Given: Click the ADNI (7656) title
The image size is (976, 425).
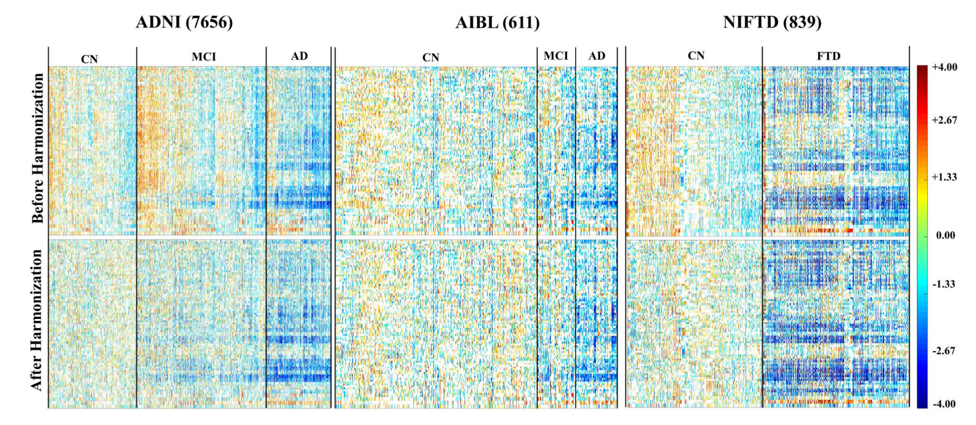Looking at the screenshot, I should (x=185, y=24).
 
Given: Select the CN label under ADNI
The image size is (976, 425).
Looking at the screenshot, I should (x=89, y=59).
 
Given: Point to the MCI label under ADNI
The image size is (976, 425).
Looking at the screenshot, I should (x=203, y=57).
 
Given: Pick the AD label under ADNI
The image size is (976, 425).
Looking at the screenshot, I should (x=300, y=56).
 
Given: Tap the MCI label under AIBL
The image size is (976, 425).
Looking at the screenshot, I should (x=556, y=56).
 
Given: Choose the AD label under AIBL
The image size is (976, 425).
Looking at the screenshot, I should (x=597, y=56).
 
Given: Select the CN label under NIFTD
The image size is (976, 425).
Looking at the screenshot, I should (x=696, y=56).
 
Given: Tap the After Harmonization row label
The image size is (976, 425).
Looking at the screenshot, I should (x=37, y=319).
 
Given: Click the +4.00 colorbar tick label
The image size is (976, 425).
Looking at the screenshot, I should (x=944, y=68).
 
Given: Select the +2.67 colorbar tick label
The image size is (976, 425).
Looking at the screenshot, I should (x=944, y=120).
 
